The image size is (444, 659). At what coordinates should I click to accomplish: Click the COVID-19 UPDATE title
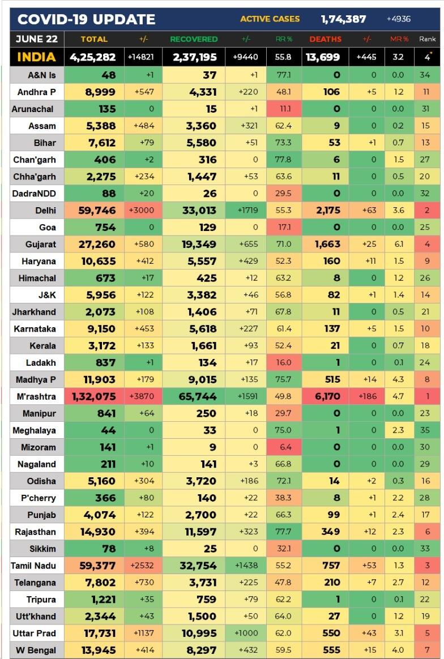[x=86, y=20]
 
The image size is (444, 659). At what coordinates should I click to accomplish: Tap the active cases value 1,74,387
[x=343, y=19]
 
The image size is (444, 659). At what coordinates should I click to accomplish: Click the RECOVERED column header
[x=194, y=39]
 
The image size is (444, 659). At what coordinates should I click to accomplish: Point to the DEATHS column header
[x=325, y=39]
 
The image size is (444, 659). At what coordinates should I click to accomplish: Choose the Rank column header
[x=427, y=39]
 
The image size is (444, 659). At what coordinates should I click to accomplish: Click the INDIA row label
[x=36, y=57]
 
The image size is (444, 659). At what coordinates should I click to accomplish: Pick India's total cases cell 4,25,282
[x=93, y=57]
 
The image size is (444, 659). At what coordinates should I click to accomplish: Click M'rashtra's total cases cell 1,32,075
[x=94, y=397]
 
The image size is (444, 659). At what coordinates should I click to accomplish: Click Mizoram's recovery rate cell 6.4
[x=283, y=447]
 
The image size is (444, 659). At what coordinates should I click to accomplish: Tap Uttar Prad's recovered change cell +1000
[x=246, y=634]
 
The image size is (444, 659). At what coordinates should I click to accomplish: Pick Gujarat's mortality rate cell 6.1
[x=398, y=245]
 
